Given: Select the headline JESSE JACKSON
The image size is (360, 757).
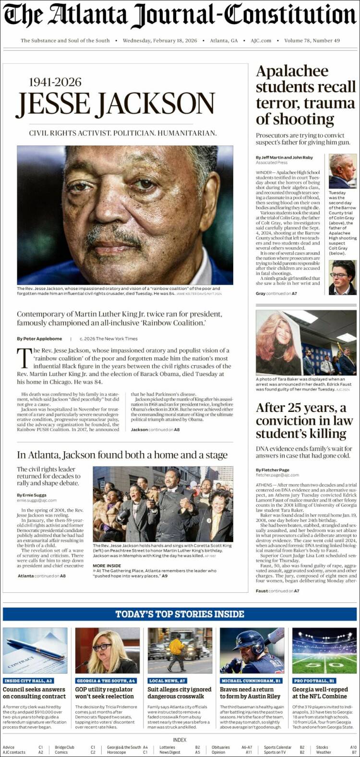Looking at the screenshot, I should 115,103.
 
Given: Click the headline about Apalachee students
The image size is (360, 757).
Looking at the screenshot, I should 305,95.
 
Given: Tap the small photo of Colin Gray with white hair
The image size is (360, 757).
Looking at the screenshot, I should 343,171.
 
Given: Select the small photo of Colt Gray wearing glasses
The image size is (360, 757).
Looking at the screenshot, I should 343,277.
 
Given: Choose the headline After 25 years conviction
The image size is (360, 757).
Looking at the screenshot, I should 304,421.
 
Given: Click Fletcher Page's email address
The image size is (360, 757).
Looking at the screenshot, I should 277,475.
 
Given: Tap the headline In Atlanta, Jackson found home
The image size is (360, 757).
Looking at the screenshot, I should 122,455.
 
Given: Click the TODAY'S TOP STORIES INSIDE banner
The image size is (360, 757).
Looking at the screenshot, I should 180,614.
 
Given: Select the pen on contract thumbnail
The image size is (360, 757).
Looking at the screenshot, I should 35,650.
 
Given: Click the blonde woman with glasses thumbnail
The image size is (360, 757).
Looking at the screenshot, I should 108,650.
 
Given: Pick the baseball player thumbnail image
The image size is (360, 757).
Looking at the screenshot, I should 252,650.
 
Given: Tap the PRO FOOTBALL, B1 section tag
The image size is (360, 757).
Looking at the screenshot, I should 314,681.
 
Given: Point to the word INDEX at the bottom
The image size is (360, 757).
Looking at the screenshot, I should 180,740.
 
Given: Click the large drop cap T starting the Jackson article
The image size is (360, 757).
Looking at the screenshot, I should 24,358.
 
